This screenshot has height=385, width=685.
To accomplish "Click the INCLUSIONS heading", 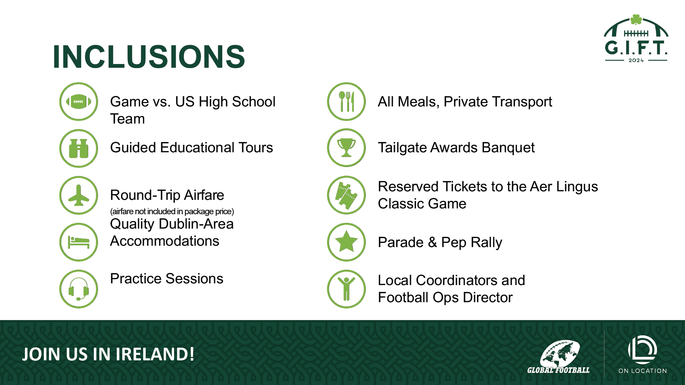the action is tap(149, 56).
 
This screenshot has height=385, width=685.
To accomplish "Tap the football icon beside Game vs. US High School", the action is tap(79, 102).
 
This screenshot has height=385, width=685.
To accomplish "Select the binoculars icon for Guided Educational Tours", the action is tap(79, 149).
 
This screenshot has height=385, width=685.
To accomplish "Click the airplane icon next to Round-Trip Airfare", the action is tap(79, 195).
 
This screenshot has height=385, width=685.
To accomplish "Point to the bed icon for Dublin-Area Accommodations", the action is tap(79, 242).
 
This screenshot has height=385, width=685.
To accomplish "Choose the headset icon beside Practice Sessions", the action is tap(79, 289).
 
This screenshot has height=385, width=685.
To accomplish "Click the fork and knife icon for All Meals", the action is tap(346, 102).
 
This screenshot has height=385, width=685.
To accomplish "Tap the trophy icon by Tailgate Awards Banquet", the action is tap(346, 148).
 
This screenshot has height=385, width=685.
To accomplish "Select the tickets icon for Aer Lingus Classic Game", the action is tap(346, 195).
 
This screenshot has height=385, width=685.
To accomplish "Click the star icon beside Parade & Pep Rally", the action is tap(346, 242).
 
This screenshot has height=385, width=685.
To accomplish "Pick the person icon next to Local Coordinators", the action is tap(346, 289).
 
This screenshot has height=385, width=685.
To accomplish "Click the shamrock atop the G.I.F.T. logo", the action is tap(636, 20).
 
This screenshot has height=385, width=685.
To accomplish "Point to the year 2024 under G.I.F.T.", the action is tap(636, 61).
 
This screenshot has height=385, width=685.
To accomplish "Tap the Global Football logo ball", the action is tap(560, 353).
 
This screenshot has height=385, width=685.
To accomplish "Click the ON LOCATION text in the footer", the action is tap(643, 371).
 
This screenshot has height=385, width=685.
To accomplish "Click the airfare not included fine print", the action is tap(172, 211).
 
